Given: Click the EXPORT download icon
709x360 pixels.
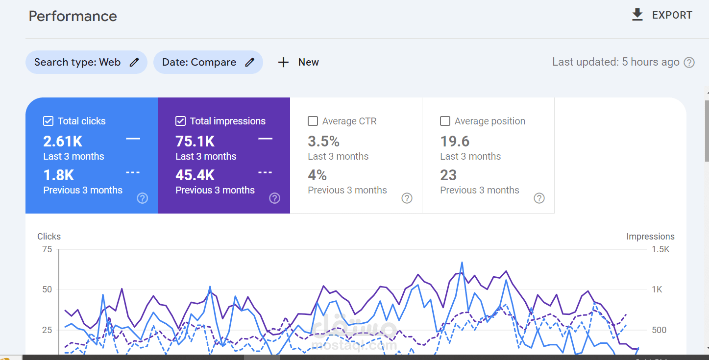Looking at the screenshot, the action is point(637,15).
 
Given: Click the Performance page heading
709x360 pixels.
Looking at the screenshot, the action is point(73,16).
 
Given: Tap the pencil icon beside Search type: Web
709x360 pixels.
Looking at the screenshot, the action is point(134,62).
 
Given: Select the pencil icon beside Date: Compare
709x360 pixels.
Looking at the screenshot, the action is point(250,62).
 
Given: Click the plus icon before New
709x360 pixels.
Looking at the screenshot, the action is point(283,62).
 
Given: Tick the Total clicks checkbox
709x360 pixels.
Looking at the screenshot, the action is point(48,121).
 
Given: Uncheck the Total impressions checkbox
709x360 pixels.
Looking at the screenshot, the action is point(180,121).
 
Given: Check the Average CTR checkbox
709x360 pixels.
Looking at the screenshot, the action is point(313,121).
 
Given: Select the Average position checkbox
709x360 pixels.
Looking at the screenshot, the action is point(445,121).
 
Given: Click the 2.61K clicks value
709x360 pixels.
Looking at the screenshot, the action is point(63,141).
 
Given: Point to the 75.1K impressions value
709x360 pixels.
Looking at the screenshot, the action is point(195,141).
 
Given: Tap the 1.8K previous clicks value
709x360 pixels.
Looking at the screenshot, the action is point(59,175).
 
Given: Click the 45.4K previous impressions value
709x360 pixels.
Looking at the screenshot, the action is point(195,175).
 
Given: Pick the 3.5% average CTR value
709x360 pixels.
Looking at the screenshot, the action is point(323,141).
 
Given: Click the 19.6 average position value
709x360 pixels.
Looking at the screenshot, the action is point(455,141).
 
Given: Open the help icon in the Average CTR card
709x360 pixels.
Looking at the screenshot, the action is point(407,198).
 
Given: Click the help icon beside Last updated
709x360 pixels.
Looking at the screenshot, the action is point(689,62).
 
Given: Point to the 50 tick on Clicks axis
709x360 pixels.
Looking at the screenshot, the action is point(47,289).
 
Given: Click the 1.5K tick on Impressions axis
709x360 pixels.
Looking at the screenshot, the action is point(660,249).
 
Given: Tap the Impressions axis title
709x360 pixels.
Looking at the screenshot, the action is point(650,237).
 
